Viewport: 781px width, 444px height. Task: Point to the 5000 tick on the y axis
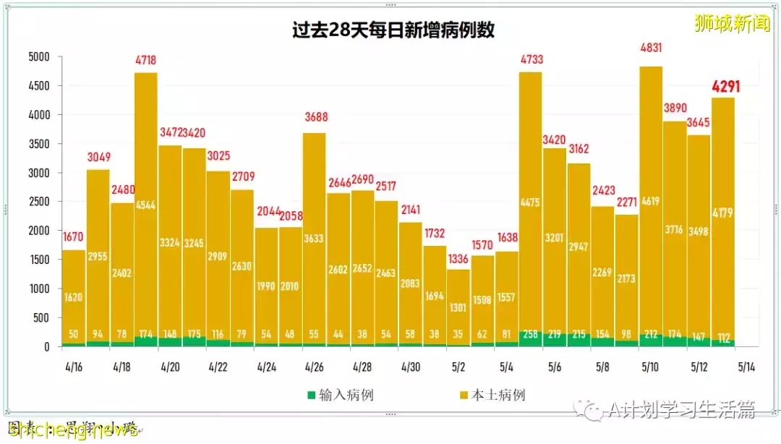[x=38, y=57]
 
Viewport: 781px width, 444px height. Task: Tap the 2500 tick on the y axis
[x=38, y=202]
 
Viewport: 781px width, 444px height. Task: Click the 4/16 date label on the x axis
[x=74, y=367]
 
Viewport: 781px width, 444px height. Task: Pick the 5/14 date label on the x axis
[x=746, y=367]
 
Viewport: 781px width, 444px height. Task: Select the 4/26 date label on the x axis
[x=314, y=367]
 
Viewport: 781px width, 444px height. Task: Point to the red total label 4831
[x=651, y=48]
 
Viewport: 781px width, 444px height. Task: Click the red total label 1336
[x=458, y=259]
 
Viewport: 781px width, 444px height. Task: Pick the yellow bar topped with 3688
[x=314, y=239]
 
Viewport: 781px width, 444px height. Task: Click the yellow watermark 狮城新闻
[x=732, y=23]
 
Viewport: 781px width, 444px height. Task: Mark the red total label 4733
[x=531, y=59]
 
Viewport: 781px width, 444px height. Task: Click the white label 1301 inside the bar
[x=458, y=307]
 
